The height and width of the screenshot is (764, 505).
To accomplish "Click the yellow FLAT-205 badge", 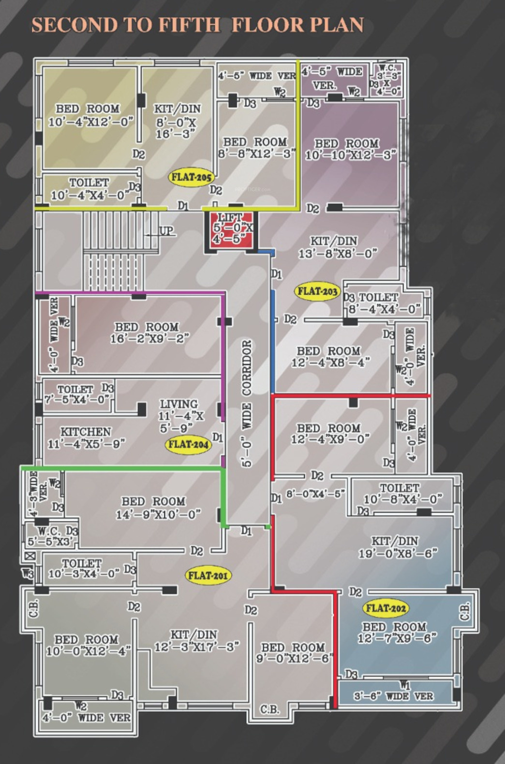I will [x=192, y=177].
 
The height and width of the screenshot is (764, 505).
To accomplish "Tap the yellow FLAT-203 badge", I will [x=317, y=291].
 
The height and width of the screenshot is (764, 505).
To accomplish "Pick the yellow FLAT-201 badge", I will [x=208, y=575].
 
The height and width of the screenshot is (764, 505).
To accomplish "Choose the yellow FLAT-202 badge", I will [x=386, y=608].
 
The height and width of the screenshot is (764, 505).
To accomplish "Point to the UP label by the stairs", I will [x=166, y=231].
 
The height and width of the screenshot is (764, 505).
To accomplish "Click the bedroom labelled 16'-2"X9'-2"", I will [x=147, y=333].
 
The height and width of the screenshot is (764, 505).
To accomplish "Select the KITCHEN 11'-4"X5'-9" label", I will [x=86, y=437].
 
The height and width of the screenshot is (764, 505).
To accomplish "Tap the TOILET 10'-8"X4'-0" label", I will [x=400, y=494].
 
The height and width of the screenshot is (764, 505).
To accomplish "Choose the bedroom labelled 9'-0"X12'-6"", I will [x=294, y=653].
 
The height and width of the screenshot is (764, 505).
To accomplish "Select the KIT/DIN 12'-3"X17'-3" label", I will [x=195, y=640].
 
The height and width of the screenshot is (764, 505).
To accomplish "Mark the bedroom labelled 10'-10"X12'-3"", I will [x=350, y=149].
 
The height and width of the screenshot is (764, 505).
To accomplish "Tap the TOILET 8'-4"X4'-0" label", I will [x=383, y=303].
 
